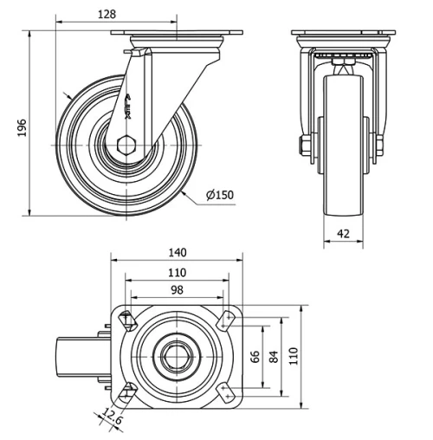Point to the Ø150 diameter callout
(x=220, y=195)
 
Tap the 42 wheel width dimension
(x=343, y=232)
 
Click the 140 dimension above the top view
(x=178, y=253)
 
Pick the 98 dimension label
(x=177, y=290)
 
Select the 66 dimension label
(x=255, y=356)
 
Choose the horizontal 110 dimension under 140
(x=177, y=272)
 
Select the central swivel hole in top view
(x=177, y=355)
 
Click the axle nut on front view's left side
(x=304, y=146)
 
